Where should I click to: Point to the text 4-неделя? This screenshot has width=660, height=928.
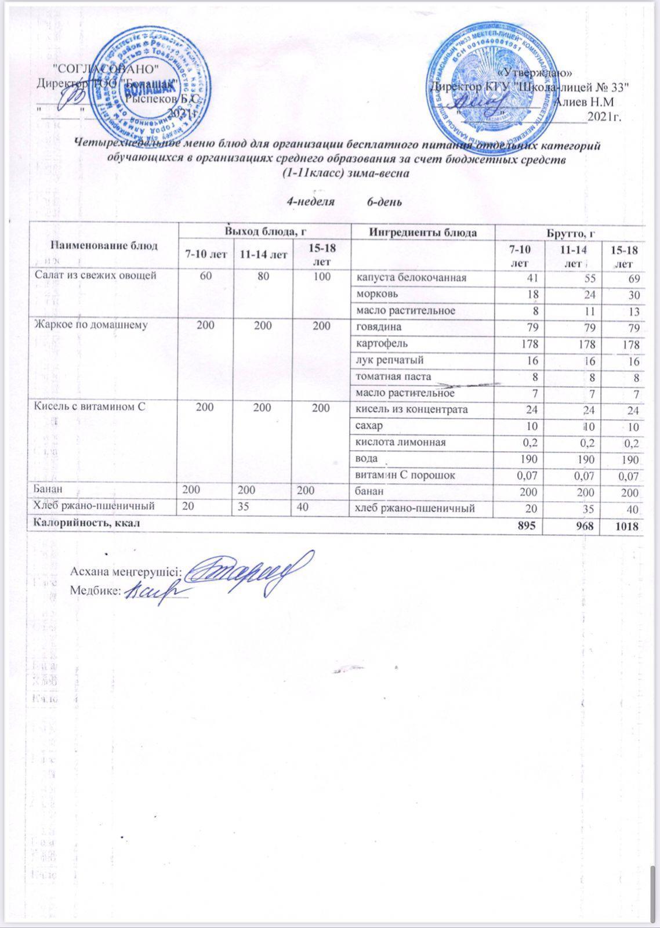311,202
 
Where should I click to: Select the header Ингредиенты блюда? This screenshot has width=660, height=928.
423,233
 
